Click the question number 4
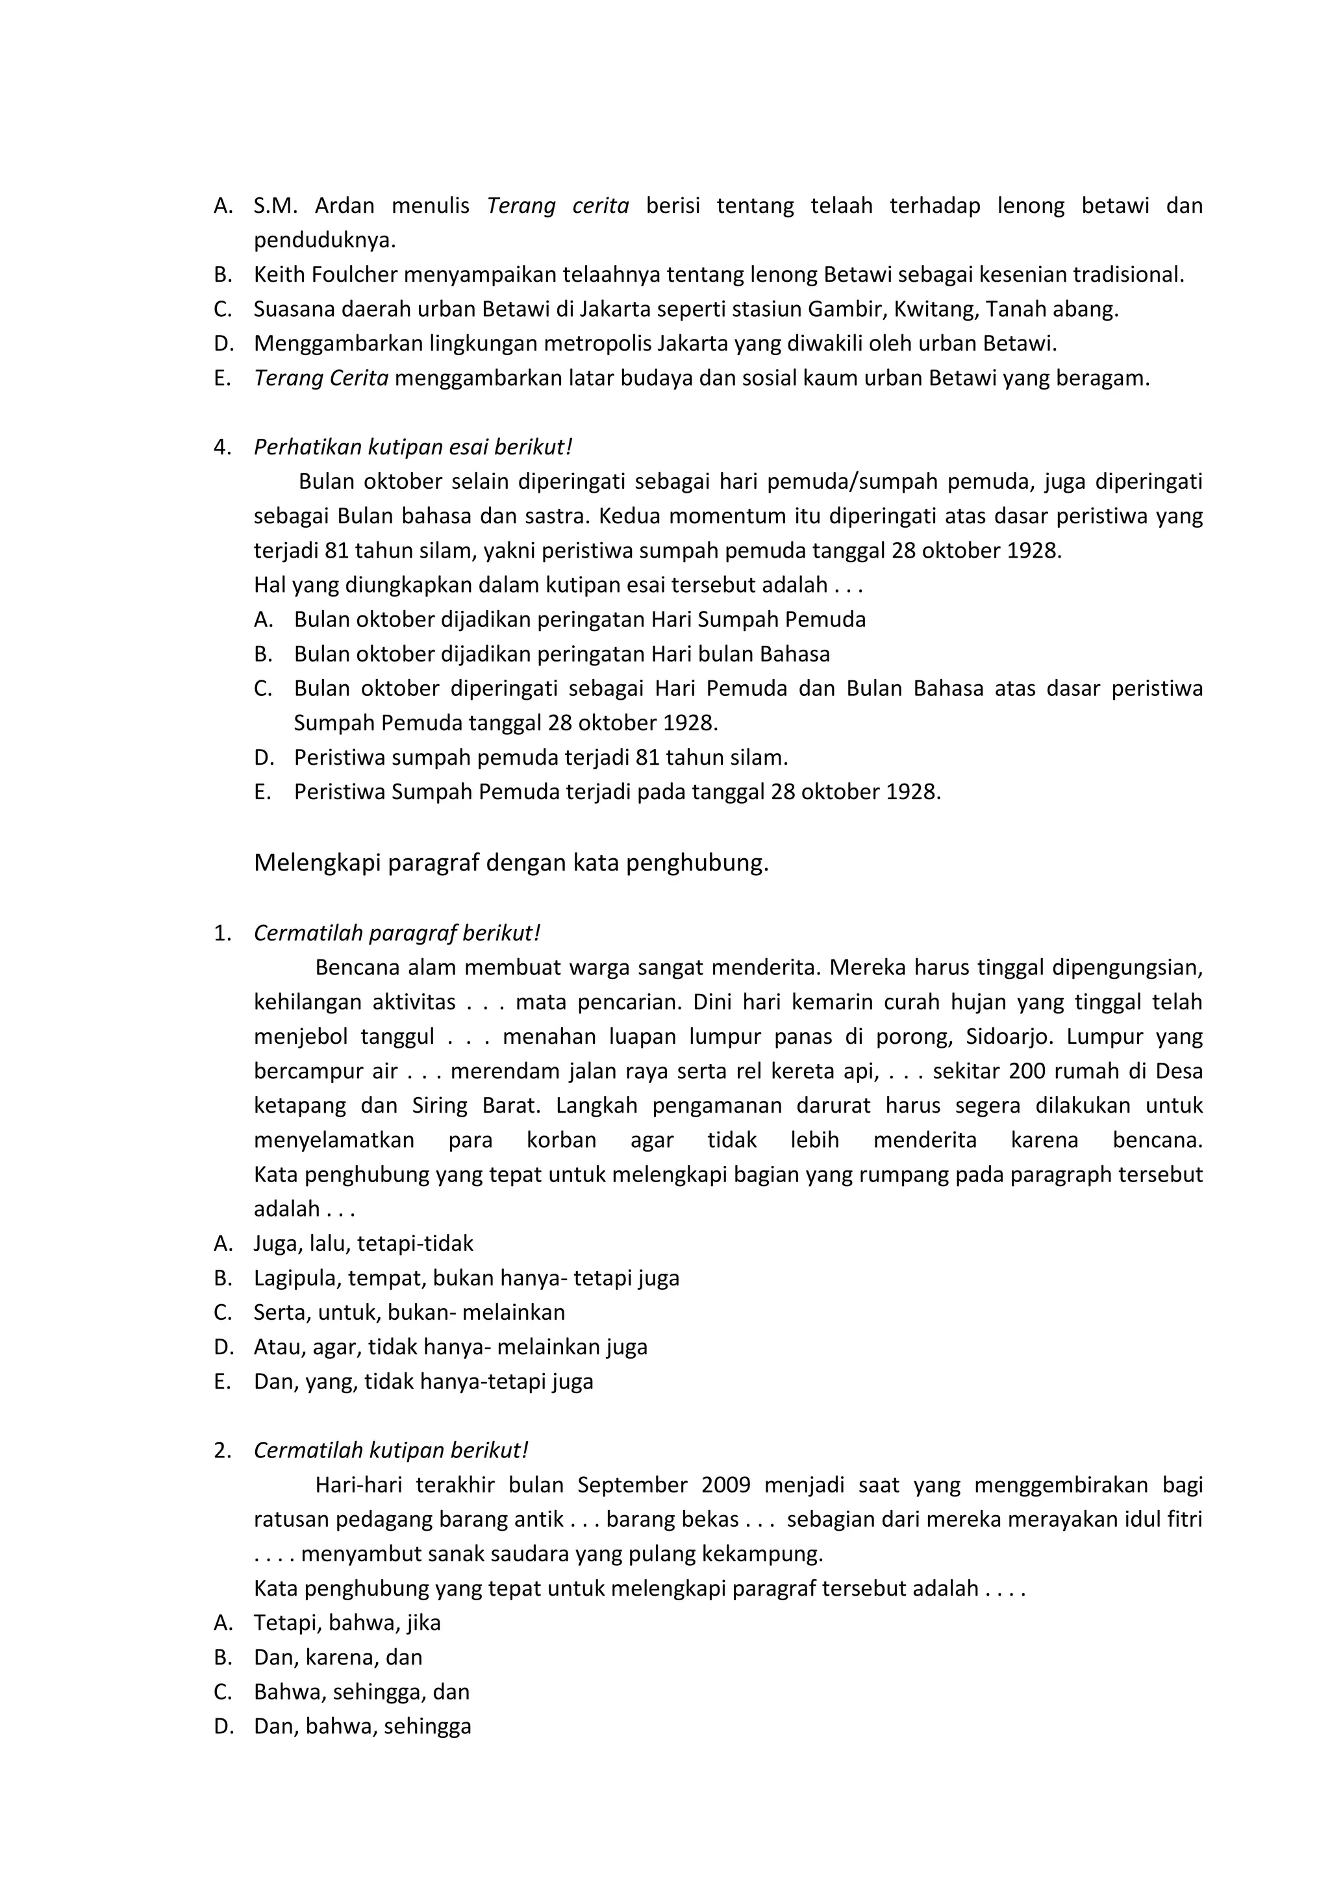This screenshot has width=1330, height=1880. coord(221,447)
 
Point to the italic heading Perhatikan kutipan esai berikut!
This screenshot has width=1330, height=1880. coord(413,447)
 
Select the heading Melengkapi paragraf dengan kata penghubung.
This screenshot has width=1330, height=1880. coord(511,863)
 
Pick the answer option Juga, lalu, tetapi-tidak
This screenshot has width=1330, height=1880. coord(363,1244)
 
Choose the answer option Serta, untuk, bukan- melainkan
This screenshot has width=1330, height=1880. coord(408,1313)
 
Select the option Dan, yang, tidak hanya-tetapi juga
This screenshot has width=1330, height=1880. coord(423,1381)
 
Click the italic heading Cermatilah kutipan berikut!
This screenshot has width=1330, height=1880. coord(391,1450)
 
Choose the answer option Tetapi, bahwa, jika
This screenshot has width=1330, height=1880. coord(346,1622)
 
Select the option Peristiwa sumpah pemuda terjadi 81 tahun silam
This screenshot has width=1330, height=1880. coord(540,758)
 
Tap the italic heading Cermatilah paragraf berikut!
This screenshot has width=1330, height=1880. coord(397,933)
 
